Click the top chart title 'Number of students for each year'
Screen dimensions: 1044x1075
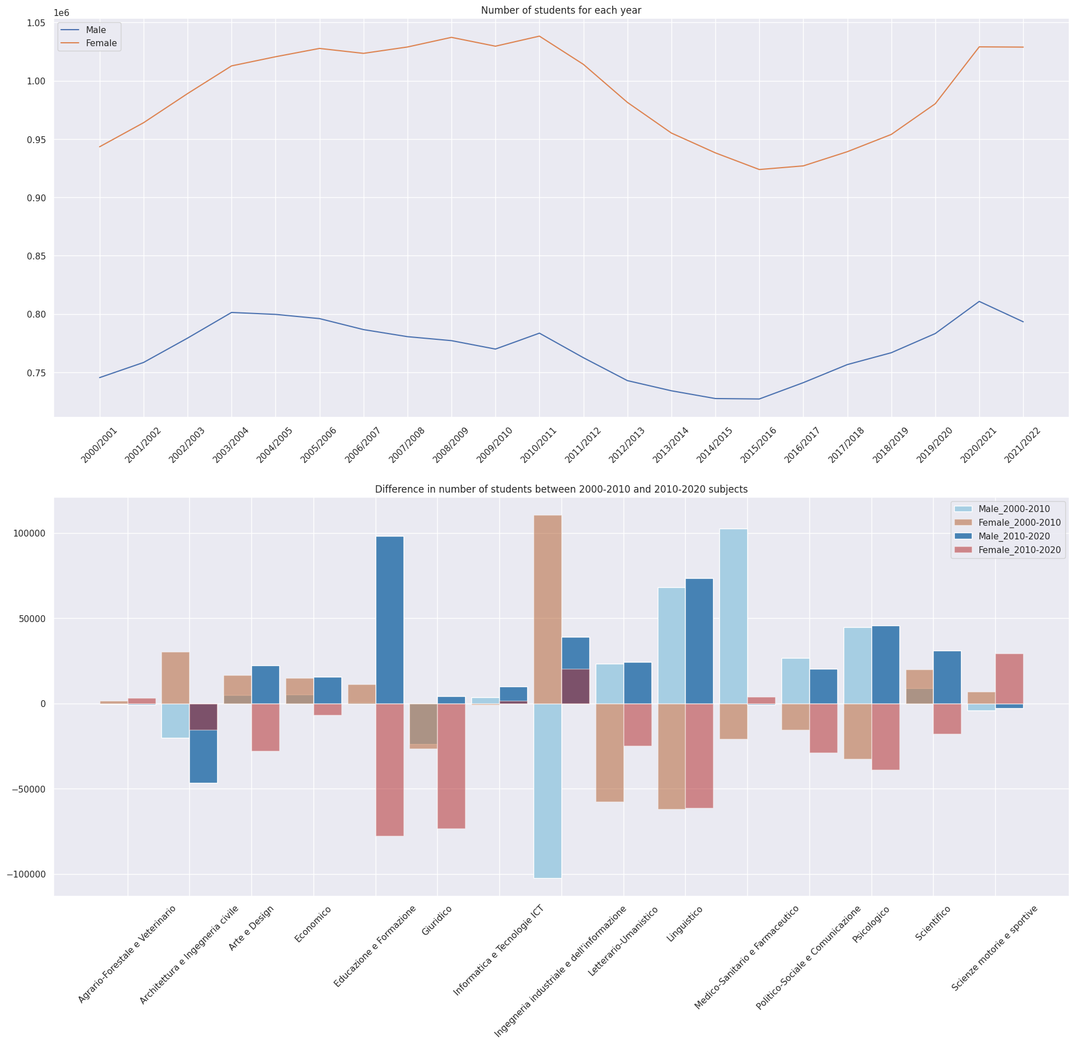click(x=561, y=10)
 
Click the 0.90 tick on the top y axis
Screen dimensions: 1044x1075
click(x=37, y=198)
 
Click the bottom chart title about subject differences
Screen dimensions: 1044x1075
click(x=561, y=489)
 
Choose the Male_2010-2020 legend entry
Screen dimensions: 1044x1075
click(x=1013, y=537)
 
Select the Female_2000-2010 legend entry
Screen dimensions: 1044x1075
click(x=1019, y=523)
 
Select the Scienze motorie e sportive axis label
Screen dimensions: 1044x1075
click(x=995, y=940)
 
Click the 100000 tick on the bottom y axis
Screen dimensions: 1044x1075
click(x=29, y=534)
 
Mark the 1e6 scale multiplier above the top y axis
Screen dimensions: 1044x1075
click(x=61, y=13)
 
